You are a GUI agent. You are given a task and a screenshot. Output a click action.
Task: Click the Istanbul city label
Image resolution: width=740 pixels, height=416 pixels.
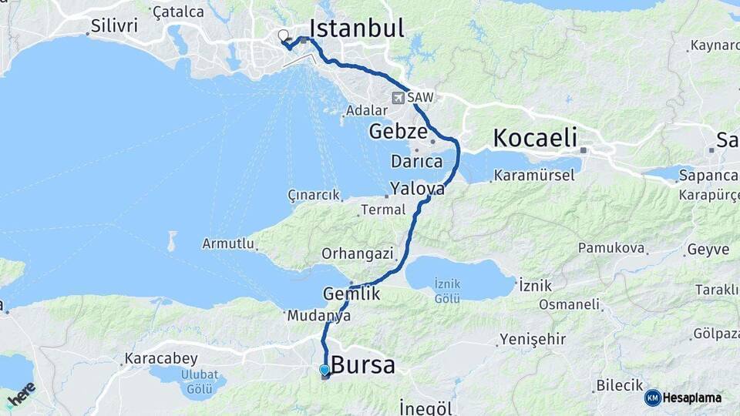tap(356, 29)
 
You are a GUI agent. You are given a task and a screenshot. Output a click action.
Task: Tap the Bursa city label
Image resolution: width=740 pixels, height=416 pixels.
tap(363, 364)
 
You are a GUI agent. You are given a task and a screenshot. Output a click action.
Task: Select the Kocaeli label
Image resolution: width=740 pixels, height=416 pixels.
tap(535, 139)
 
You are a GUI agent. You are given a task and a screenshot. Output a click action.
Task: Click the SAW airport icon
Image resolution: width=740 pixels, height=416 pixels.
tap(399, 98)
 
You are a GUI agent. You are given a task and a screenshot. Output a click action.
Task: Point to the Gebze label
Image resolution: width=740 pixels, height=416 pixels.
tap(398, 131)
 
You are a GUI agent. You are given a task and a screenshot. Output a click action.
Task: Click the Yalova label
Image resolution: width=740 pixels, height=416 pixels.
tap(417, 188)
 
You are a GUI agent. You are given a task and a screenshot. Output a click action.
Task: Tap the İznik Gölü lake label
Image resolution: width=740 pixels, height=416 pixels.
tap(447, 290)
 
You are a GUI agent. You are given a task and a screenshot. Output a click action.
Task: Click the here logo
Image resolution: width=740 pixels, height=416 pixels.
tap(21, 394)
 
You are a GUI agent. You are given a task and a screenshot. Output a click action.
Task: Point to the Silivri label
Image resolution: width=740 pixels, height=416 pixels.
tap(114, 25)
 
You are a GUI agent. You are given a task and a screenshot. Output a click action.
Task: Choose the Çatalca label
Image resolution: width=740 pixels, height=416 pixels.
tap(178, 12)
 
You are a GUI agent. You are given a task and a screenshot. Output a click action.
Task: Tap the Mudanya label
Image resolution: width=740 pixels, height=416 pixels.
tap(318, 316)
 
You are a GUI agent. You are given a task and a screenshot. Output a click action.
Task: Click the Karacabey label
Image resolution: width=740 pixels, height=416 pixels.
tap(160, 359)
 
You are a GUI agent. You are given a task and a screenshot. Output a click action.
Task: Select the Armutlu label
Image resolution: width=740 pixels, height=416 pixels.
tap(227, 243)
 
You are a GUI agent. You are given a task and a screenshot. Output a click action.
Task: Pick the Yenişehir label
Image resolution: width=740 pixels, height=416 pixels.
tap(533, 339)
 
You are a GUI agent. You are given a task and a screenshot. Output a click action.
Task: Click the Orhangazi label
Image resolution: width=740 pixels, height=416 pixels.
tap(358, 253)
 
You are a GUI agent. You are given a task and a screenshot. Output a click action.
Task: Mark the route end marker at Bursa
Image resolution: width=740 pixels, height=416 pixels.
tap(325, 371)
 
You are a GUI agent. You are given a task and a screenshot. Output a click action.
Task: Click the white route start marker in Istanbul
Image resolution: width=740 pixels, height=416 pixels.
tap(284, 35)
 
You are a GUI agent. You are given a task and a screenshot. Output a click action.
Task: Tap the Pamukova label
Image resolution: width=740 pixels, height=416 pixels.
tap(610, 249)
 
